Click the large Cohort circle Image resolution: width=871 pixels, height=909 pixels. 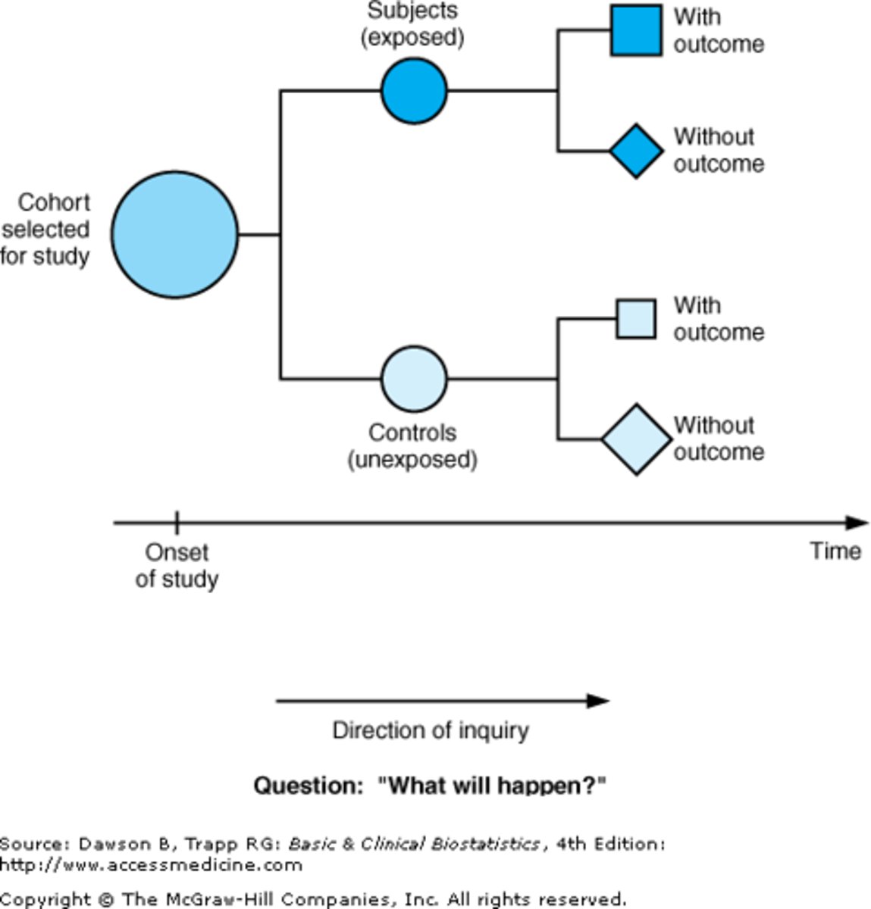[175, 235]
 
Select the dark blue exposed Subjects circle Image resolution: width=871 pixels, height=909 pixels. [414, 91]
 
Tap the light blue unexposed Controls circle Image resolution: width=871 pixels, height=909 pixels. [414, 379]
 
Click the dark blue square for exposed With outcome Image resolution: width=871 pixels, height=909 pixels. [636, 31]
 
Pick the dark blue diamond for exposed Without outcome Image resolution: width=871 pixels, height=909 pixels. [636, 151]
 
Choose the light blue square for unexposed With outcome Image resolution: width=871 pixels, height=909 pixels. [636, 318]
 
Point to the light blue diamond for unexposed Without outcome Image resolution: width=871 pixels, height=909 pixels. [636, 439]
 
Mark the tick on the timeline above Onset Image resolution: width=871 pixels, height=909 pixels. [177, 522]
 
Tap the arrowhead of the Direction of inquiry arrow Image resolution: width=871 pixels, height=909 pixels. [598, 701]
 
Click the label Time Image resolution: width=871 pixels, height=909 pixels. [835, 551]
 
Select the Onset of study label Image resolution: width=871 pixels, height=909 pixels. [177, 565]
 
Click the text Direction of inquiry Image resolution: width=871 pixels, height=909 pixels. [431, 730]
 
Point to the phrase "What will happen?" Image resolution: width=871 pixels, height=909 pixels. [492, 786]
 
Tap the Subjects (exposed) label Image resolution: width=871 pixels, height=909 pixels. [412, 23]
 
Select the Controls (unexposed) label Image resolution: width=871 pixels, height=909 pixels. [412, 446]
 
